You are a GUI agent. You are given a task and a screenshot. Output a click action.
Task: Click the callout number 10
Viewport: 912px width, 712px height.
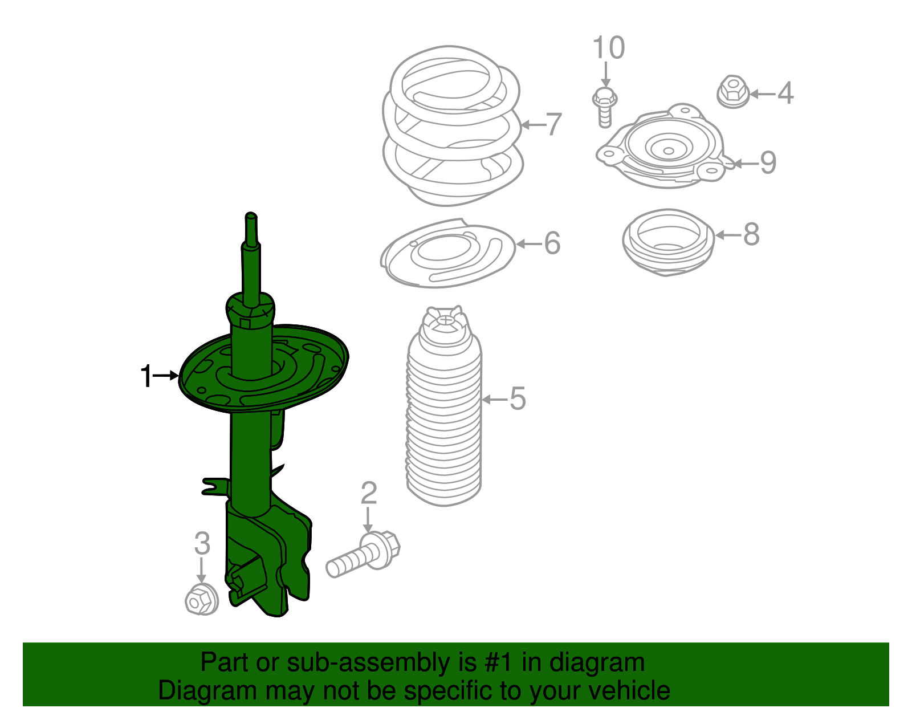pyautogui.click(x=609, y=48)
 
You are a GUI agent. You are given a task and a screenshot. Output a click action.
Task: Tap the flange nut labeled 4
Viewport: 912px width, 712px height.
pyautogui.click(x=732, y=92)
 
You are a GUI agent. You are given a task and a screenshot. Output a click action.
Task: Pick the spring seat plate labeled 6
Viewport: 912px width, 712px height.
pyautogui.click(x=447, y=254)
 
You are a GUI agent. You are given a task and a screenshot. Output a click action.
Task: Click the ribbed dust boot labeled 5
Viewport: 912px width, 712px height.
pyautogui.click(x=444, y=410)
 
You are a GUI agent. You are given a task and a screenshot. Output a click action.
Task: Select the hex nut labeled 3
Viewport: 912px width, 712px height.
pyautogui.click(x=201, y=599)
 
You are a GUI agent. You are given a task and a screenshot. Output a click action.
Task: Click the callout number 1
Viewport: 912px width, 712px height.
pyautogui.click(x=146, y=376)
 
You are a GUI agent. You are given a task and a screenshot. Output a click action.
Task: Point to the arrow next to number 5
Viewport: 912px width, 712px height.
pyautogui.click(x=494, y=400)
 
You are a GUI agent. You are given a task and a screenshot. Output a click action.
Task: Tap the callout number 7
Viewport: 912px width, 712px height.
pyautogui.click(x=553, y=124)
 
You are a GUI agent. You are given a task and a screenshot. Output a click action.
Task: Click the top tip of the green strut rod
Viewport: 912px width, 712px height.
pyautogui.click(x=251, y=217)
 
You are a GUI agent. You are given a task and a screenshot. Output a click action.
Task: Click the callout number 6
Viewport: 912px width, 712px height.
pyautogui.click(x=552, y=243)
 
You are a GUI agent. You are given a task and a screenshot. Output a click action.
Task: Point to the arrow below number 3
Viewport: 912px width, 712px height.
pyautogui.click(x=201, y=571)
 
